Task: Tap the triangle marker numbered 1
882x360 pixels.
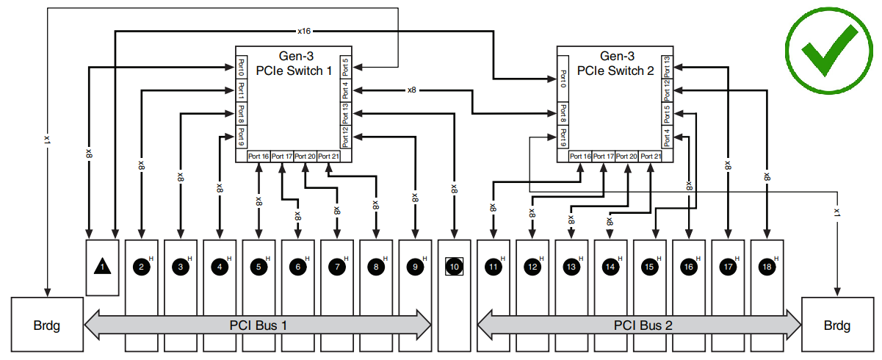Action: pyautogui.click(x=103, y=267)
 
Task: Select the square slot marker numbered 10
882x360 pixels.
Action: pyautogui.click(x=455, y=267)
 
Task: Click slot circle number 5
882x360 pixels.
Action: pyautogui.click(x=259, y=267)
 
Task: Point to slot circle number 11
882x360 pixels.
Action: pyautogui.click(x=493, y=267)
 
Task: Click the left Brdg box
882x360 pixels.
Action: pyautogui.click(x=47, y=324)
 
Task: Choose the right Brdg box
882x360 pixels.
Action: pyautogui.click(x=836, y=324)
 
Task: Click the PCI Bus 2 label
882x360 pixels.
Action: pyautogui.click(x=643, y=324)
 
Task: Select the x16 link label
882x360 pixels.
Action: pyautogui.click(x=304, y=32)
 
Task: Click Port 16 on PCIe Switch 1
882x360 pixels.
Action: pyautogui.click(x=259, y=156)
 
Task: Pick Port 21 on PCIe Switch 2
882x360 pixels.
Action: pyautogui.click(x=651, y=156)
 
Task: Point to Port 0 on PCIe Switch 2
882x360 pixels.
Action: pyautogui.click(x=563, y=78)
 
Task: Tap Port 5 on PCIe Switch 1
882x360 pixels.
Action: pyautogui.click(x=345, y=66)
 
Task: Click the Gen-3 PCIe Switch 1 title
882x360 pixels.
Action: pyautogui.click(x=294, y=63)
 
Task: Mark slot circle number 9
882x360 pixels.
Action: pyautogui.click(x=415, y=267)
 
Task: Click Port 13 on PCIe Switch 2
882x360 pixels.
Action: pyautogui.click(x=666, y=66)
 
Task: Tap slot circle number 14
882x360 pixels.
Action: pyautogui.click(x=610, y=267)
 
